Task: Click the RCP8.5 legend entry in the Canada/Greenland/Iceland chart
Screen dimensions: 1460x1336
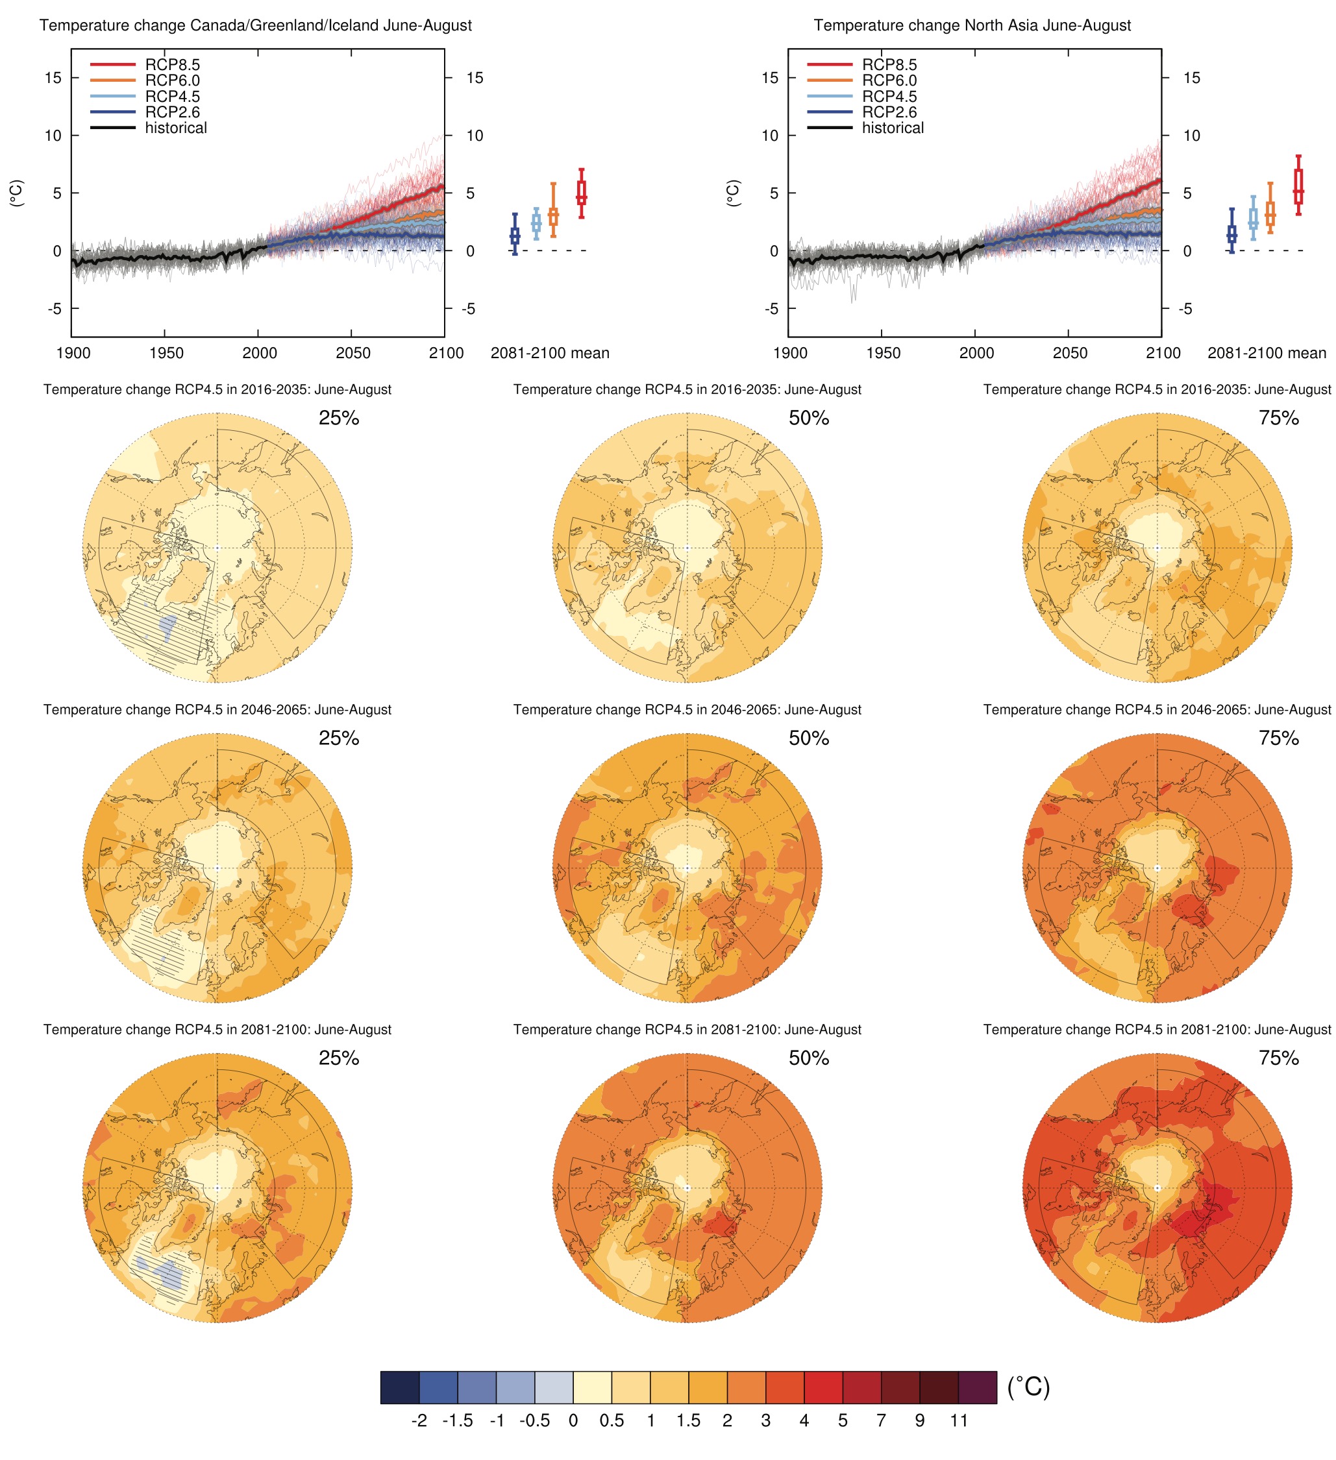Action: [172, 64]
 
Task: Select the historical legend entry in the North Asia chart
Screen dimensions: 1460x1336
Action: [892, 128]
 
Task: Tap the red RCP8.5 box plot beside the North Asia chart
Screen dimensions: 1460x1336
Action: [1298, 186]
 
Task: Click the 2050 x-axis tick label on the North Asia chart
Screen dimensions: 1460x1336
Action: [1069, 354]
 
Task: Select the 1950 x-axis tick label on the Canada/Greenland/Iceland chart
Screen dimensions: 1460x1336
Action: [166, 354]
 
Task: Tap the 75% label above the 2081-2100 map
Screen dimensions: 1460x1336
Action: [1278, 1058]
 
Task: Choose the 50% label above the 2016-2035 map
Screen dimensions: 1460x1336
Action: [809, 418]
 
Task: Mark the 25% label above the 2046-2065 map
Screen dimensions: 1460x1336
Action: [338, 738]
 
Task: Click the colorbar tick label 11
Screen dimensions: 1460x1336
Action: [959, 1421]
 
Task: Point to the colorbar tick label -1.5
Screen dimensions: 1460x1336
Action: [457, 1421]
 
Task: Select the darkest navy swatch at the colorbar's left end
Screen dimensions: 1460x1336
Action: [399, 1387]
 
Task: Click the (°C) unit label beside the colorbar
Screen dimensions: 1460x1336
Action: [1028, 1386]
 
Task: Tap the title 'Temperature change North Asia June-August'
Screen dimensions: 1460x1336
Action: [972, 25]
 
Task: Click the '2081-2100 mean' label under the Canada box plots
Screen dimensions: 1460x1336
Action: [550, 354]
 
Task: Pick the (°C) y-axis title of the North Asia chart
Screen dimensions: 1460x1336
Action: [732, 193]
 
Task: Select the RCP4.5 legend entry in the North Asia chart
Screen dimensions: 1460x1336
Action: [889, 96]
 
